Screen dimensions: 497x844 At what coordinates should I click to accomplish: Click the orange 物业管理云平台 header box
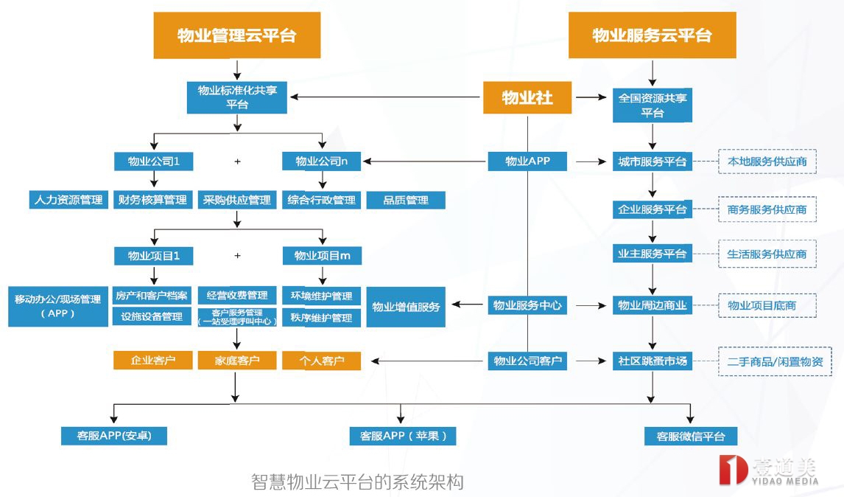click(x=236, y=35)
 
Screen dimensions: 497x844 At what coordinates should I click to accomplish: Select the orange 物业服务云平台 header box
click(x=652, y=35)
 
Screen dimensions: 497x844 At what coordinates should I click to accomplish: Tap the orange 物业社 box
click(x=527, y=97)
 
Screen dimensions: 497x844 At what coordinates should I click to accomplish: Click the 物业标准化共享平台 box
click(x=236, y=97)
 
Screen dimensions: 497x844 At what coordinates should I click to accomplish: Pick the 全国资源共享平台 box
click(x=652, y=105)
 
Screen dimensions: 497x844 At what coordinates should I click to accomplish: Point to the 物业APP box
click(x=527, y=161)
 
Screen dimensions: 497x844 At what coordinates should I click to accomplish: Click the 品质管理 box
click(x=406, y=200)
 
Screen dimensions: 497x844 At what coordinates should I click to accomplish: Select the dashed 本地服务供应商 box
click(x=767, y=161)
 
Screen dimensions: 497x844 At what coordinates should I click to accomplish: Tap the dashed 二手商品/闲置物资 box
click(x=774, y=362)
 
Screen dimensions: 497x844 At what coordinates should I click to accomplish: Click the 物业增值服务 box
click(x=406, y=307)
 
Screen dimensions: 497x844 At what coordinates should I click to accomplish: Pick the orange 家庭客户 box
click(x=236, y=361)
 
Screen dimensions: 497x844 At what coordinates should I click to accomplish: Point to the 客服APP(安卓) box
click(x=114, y=435)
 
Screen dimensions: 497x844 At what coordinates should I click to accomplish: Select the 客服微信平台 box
click(x=690, y=436)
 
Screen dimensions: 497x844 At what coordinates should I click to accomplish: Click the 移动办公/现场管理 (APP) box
click(x=57, y=306)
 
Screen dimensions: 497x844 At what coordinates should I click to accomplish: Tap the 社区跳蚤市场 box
click(x=652, y=361)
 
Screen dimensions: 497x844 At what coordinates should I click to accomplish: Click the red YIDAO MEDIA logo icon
click(x=733, y=470)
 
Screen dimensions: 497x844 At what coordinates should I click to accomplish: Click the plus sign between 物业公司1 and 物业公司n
click(x=237, y=161)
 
